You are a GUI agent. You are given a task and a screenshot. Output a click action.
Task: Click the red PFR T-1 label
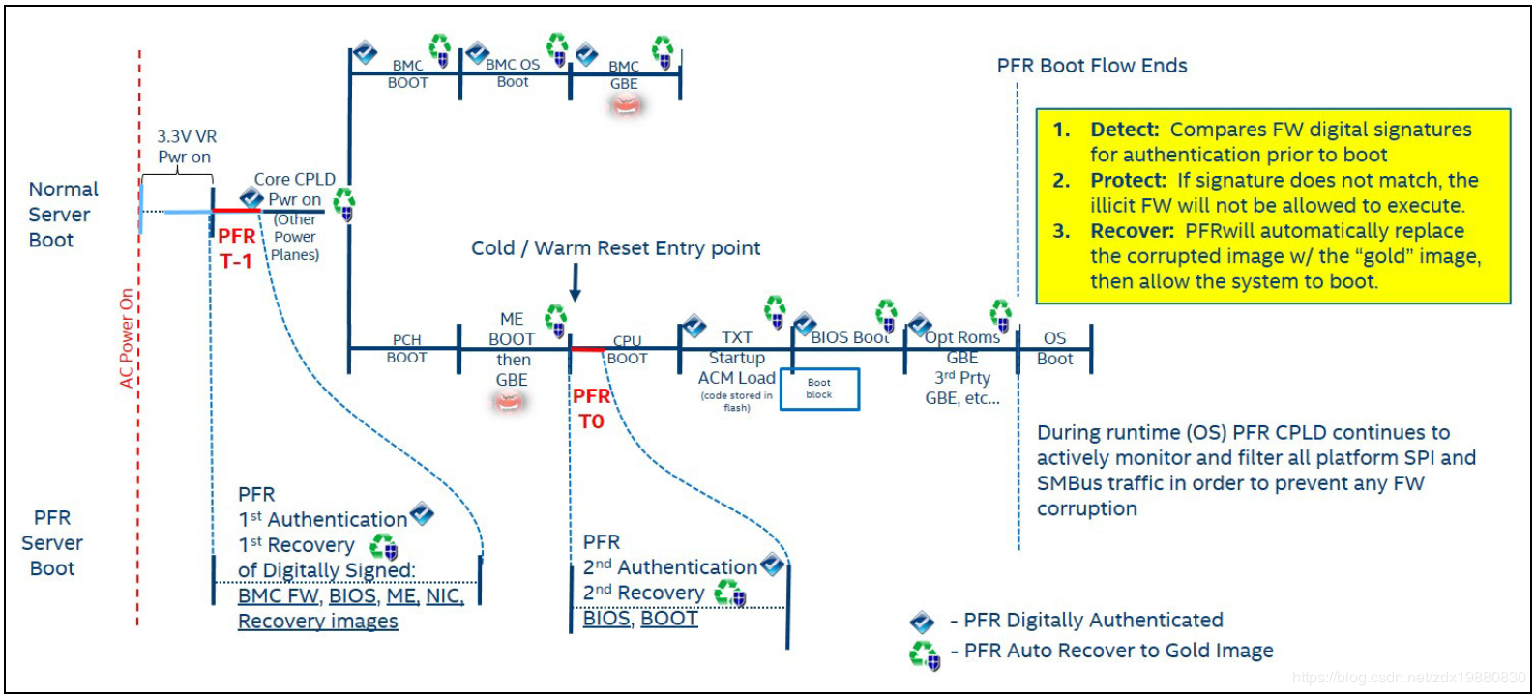(x=236, y=248)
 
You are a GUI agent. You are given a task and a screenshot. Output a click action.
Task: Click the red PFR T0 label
(x=591, y=408)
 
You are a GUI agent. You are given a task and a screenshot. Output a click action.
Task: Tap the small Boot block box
(x=819, y=389)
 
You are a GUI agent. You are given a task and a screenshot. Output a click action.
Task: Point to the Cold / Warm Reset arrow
(x=575, y=282)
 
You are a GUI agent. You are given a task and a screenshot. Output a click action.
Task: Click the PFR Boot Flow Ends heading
(x=1091, y=66)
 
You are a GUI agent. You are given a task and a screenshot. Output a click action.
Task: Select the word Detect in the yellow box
(x=1124, y=130)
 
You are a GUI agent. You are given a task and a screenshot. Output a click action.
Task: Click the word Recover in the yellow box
(x=1132, y=231)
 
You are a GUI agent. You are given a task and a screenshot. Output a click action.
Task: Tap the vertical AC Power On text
(x=126, y=338)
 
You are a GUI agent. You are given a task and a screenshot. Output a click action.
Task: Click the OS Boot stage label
(x=1054, y=348)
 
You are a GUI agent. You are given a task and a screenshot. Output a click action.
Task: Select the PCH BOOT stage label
(x=406, y=348)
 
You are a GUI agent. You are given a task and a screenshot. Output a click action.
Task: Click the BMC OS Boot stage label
(x=513, y=72)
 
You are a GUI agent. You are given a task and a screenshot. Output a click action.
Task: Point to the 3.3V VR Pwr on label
(x=186, y=147)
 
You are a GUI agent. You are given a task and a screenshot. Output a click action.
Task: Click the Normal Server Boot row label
(x=62, y=215)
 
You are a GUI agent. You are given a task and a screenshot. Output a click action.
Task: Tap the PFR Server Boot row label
(x=52, y=543)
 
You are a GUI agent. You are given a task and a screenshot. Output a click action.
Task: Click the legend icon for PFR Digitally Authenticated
(x=922, y=622)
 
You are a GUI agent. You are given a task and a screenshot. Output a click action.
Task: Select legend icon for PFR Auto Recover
(x=924, y=655)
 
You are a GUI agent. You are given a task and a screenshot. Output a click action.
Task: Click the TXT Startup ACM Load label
(x=736, y=359)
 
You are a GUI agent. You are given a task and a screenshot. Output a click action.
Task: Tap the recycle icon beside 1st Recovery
(x=384, y=547)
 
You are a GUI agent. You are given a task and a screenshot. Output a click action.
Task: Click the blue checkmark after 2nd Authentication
(x=772, y=565)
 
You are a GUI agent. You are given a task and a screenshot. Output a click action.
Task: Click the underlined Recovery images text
(x=317, y=622)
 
